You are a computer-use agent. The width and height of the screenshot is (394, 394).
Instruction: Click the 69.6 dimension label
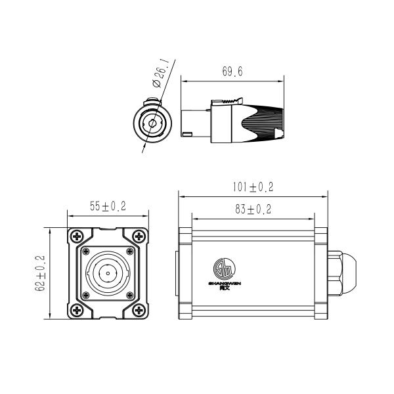(x=232, y=72)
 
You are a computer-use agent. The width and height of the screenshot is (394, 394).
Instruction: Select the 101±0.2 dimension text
(x=253, y=188)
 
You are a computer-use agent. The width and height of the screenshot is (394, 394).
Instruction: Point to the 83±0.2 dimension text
(x=253, y=209)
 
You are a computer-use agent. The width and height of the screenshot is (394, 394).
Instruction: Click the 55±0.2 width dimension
(x=108, y=206)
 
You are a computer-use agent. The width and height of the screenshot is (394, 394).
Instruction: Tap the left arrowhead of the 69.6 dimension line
(x=183, y=82)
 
